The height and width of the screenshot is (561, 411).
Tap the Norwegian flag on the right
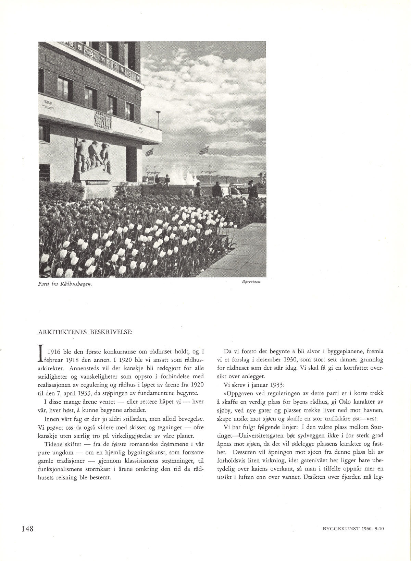coord(204,150)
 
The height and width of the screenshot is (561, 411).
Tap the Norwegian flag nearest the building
coord(149,152)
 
